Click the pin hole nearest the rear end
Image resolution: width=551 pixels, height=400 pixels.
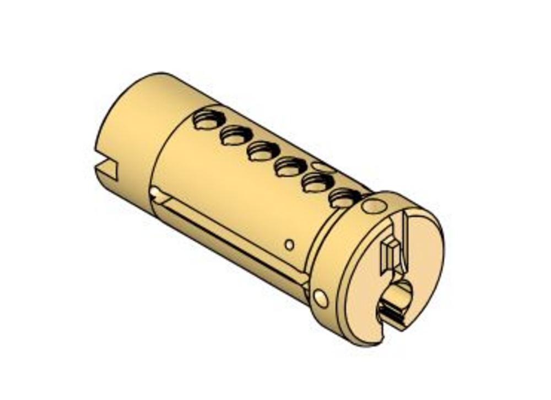point(208,120)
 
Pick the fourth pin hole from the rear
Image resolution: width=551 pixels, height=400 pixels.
point(289,166)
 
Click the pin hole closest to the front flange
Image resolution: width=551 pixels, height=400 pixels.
point(343,197)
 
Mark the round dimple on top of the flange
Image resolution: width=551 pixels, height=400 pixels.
point(375,206)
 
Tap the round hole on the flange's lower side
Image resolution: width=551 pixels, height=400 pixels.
point(320,298)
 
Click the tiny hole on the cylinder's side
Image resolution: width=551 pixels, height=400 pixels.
point(289,244)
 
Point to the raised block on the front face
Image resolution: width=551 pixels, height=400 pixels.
point(390,254)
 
